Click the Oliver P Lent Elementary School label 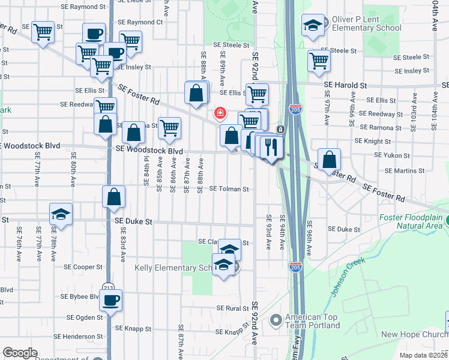pyautogui.click(x=366, y=23)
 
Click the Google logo pyautogui.click(x=20, y=353)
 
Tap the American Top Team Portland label pyautogui.click(x=312, y=321)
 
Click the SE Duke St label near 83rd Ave pyautogui.click(x=133, y=221)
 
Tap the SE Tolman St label pyautogui.click(x=229, y=189)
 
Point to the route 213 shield pyautogui.click(x=108, y=287)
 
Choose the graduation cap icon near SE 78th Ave pyautogui.click(x=60, y=215)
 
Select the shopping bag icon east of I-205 pyautogui.click(x=329, y=159)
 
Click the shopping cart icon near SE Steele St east pyautogui.click(x=319, y=60)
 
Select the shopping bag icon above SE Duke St pyautogui.click(x=113, y=197)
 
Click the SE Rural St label pyautogui.click(x=233, y=308)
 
